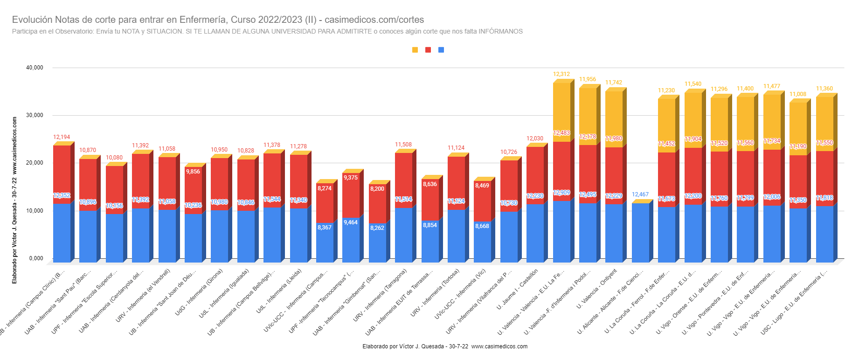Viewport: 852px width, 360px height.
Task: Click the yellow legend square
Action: click(x=415, y=50)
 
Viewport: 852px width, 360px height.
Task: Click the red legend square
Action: click(x=428, y=50)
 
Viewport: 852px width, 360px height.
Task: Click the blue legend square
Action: click(x=441, y=50)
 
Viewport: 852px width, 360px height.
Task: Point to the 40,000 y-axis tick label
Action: click(x=35, y=68)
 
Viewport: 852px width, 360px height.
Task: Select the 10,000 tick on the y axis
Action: click(x=35, y=211)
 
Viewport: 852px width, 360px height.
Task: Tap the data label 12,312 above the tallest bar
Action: click(x=561, y=74)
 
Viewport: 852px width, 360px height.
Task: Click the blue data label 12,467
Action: click(x=640, y=194)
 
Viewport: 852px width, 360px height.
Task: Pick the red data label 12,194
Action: click(x=62, y=137)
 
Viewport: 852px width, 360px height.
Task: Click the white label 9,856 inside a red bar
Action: click(x=193, y=172)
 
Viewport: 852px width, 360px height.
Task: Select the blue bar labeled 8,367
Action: click(x=325, y=242)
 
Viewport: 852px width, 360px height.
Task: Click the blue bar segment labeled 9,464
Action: click(x=351, y=240)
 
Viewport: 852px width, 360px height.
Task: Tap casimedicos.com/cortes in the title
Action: click(x=374, y=20)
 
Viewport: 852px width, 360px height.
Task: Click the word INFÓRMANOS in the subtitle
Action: click(x=500, y=31)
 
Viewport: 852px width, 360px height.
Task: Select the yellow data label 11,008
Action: click(x=798, y=94)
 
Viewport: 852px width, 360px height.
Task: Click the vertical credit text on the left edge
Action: click(x=14, y=200)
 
